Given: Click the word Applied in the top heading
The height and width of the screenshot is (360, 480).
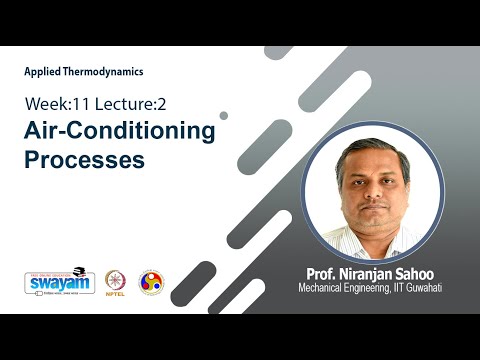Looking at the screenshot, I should pyautogui.click(x=42, y=72).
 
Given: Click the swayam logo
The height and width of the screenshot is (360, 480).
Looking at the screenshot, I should pyautogui.click(x=59, y=281).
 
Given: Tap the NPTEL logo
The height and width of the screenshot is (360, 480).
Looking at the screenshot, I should pyautogui.click(x=117, y=280).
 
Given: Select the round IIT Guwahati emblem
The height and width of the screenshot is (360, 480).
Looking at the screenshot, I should pyautogui.click(x=151, y=282).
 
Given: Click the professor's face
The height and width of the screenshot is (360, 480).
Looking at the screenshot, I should pyautogui.click(x=373, y=189).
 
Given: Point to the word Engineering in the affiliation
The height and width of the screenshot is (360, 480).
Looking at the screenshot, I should pyautogui.click(x=375, y=289).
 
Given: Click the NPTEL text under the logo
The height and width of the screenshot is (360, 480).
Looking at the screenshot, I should pyautogui.click(x=117, y=296).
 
